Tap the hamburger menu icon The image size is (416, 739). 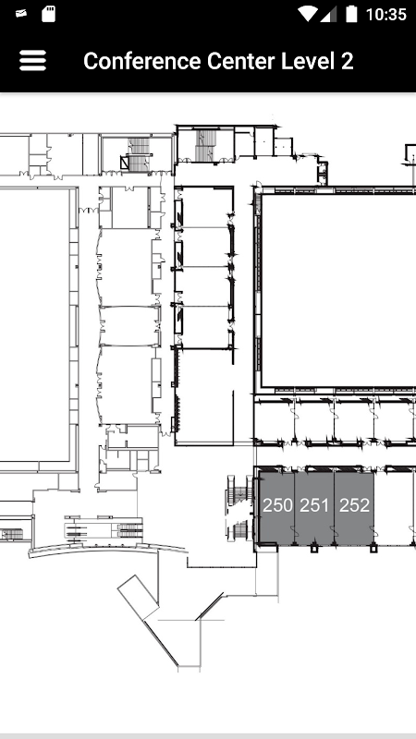tap(32, 61)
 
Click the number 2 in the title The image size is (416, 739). tap(347, 61)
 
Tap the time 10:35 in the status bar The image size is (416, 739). tap(386, 15)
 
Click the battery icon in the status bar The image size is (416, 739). tap(351, 14)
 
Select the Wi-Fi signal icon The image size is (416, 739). tap(307, 14)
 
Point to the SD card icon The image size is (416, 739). tap(48, 14)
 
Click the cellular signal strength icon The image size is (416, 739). tap(328, 14)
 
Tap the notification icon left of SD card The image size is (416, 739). tap(20, 14)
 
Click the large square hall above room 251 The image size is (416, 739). tap(338, 290)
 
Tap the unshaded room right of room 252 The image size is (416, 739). tap(396, 507)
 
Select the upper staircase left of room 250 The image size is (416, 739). tap(239, 491)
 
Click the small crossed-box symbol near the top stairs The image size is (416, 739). tap(125, 163)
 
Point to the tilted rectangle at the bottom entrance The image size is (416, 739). tap(138, 596)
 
